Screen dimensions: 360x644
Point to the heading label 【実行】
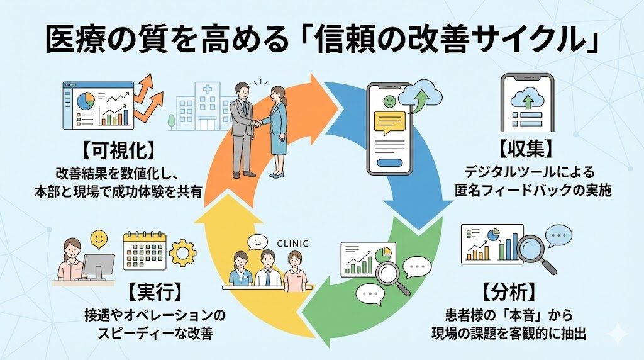coord(155,291)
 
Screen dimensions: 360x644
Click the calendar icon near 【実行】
coord(145,250)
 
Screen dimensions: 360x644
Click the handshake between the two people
coord(257,123)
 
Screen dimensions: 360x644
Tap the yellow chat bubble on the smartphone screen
coord(390,123)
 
